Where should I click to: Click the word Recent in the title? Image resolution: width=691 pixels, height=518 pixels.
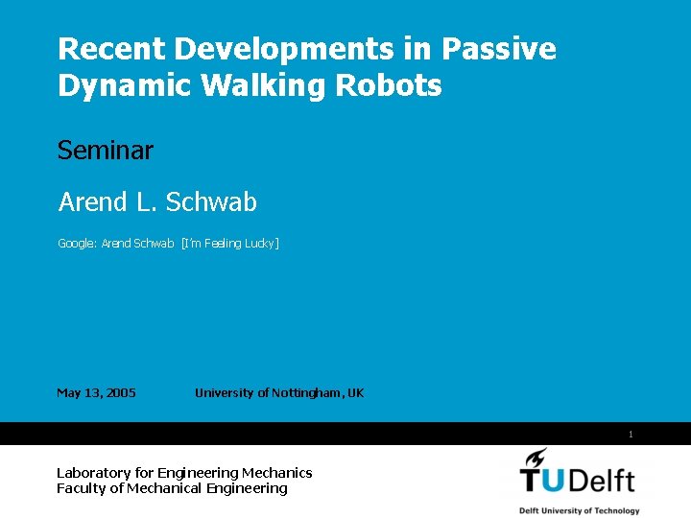(x=99, y=49)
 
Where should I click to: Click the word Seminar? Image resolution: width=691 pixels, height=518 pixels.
(x=106, y=151)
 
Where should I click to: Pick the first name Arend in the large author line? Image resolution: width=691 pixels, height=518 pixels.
(x=93, y=202)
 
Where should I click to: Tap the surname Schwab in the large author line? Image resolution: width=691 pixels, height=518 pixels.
(x=211, y=202)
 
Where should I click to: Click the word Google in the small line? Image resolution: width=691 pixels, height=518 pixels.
(x=77, y=244)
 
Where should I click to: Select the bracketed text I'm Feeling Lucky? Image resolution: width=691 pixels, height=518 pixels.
(x=230, y=244)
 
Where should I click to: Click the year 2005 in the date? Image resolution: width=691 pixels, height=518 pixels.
(x=121, y=392)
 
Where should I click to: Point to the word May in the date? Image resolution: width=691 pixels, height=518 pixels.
(x=69, y=392)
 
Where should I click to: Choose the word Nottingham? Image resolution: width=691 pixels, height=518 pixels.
(x=306, y=392)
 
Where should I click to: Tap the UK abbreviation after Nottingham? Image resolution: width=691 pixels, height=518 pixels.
(x=355, y=392)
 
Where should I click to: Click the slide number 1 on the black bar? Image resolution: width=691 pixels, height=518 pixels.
(x=631, y=435)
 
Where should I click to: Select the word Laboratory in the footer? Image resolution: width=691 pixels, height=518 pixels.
(x=94, y=473)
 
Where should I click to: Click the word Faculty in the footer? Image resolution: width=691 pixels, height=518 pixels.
(x=80, y=488)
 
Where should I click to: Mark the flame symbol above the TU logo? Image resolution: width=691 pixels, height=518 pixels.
(x=536, y=458)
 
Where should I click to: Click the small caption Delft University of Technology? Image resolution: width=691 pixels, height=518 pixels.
(x=579, y=510)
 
